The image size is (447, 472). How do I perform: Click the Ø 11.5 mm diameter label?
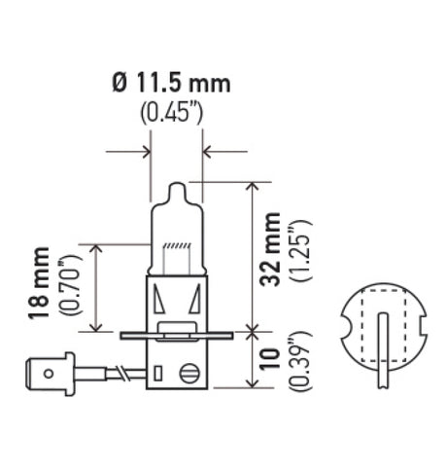(x=171, y=83)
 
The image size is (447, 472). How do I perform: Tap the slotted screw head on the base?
(x=191, y=369)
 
